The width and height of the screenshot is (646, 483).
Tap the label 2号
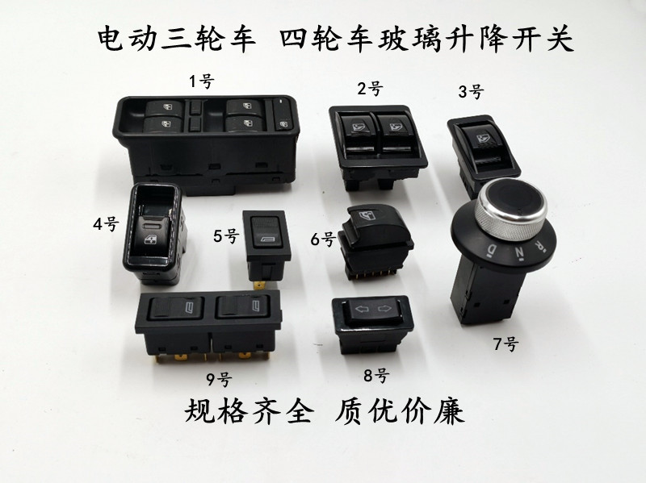coord(371,89)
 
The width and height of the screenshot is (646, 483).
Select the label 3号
coord(471,91)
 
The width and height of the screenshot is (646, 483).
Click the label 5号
coord(226,237)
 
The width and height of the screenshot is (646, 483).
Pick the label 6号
coord(323,238)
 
